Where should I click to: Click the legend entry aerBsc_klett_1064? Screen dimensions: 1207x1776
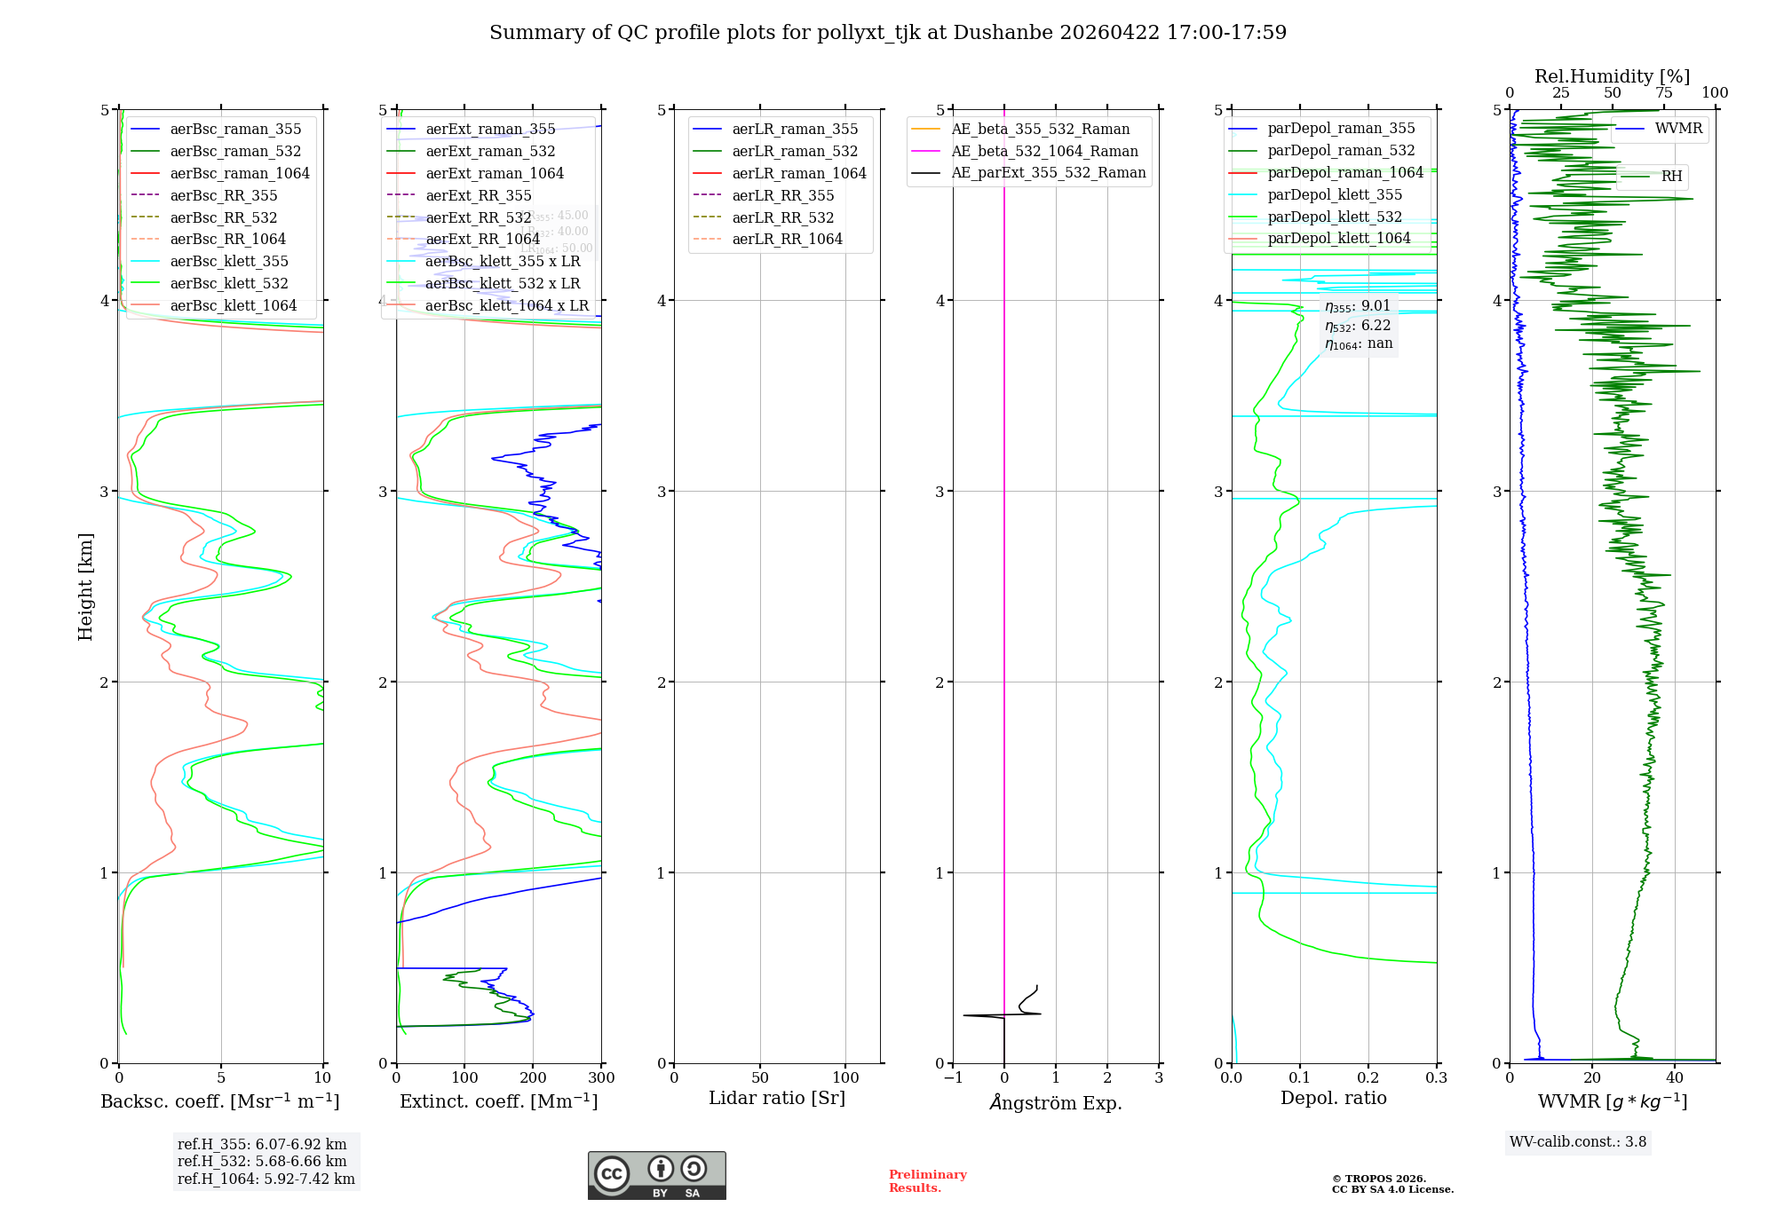point(234,306)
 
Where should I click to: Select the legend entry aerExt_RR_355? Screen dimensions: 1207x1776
point(478,196)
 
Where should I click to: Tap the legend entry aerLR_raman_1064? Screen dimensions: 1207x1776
point(798,174)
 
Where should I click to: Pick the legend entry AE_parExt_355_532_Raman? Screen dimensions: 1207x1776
point(1048,173)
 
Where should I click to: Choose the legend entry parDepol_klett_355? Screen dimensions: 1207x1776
point(1334,195)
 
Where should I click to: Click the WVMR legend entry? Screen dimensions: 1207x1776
point(1678,129)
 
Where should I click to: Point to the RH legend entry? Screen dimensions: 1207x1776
point(1671,177)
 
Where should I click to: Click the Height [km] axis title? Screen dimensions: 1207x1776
point(85,586)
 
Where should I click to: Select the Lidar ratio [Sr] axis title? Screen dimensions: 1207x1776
point(777,1099)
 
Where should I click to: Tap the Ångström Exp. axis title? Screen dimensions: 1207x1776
point(1055,1103)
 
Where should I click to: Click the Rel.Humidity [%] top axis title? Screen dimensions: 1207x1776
point(1612,76)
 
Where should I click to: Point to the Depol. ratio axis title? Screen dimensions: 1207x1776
point(1333,1099)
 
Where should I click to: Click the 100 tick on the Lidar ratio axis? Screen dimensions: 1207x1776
point(845,1078)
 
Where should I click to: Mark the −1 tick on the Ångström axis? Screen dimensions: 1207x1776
point(953,1078)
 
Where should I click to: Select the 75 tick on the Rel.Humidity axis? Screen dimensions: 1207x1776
point(1663,93)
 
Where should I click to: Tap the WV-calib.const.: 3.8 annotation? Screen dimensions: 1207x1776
point(1577,1142)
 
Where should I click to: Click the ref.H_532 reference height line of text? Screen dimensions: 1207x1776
point(262,1162)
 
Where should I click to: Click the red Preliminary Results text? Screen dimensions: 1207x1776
point(927,1181)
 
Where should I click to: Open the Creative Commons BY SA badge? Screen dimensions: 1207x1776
point(656,1176)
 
